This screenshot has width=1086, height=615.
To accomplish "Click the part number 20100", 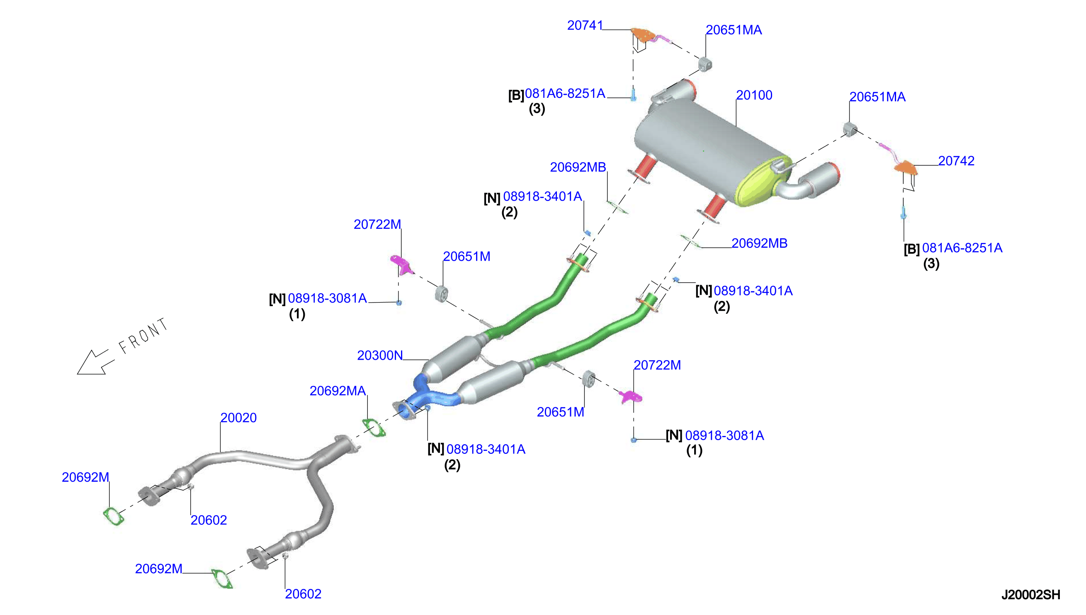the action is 754,95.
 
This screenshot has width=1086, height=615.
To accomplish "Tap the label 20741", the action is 585,25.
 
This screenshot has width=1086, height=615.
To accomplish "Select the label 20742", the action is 956,160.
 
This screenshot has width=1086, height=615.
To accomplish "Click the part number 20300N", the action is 380,355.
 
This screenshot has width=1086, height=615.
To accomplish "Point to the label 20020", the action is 238,417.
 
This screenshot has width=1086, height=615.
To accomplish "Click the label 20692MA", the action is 338,391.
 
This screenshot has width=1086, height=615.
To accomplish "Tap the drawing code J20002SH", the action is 1031,595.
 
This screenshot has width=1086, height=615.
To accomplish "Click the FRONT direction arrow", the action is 95,362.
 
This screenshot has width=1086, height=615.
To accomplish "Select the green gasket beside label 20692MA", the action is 374,427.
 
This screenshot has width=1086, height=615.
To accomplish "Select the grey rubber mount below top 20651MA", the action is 705,64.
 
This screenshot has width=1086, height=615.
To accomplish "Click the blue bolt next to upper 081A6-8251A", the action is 633,94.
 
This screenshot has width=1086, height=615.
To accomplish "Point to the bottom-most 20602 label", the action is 303,594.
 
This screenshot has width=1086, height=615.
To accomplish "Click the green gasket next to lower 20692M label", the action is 222,579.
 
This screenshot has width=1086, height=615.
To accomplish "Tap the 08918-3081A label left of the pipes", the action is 327,298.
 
